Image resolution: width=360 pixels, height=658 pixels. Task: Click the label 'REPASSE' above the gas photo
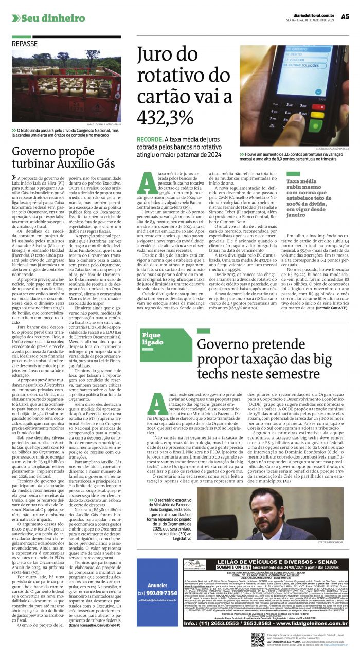(x=24, y=44)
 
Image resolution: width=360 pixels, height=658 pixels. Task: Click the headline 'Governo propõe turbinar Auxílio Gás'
(x=63, y=156)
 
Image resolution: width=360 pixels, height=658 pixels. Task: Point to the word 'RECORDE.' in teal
(x=150, y=140)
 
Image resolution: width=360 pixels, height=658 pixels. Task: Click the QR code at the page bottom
(x=258, y=639)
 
